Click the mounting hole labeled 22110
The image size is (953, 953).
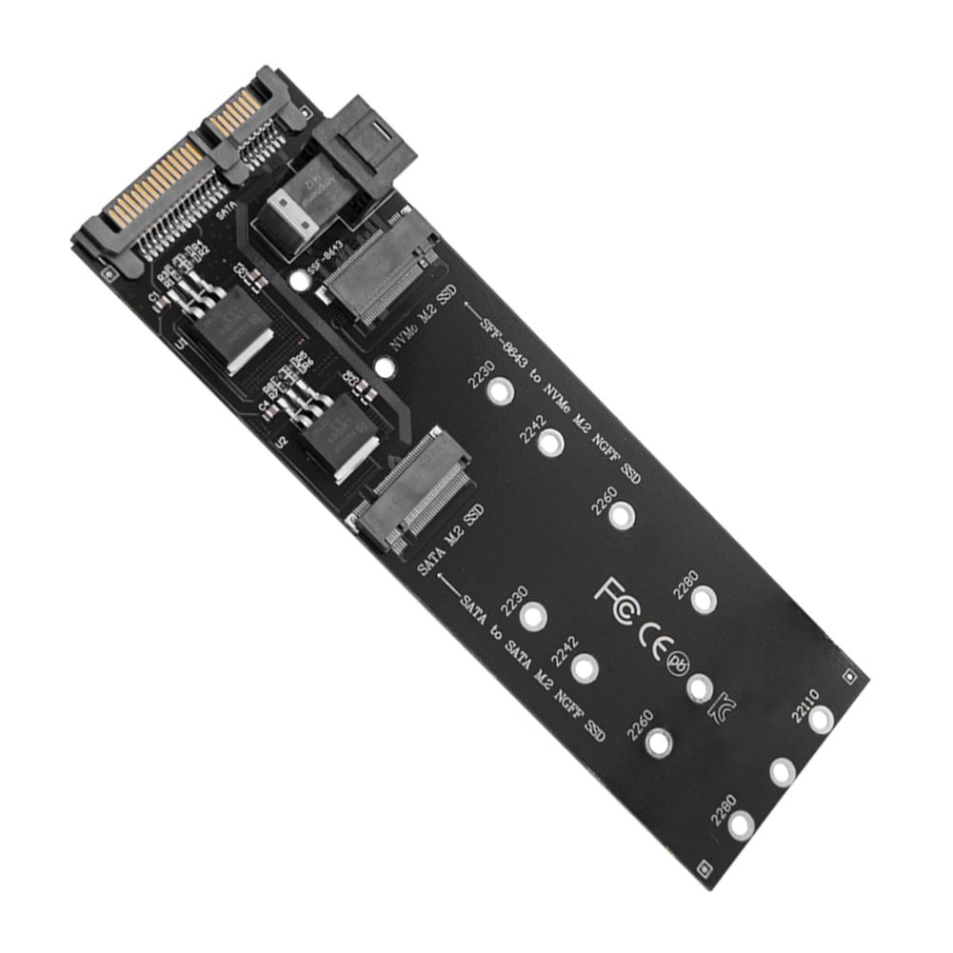pos(821,721)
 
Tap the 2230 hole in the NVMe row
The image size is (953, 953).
pos(497,391)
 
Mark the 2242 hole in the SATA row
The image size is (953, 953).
pos(585,667)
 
